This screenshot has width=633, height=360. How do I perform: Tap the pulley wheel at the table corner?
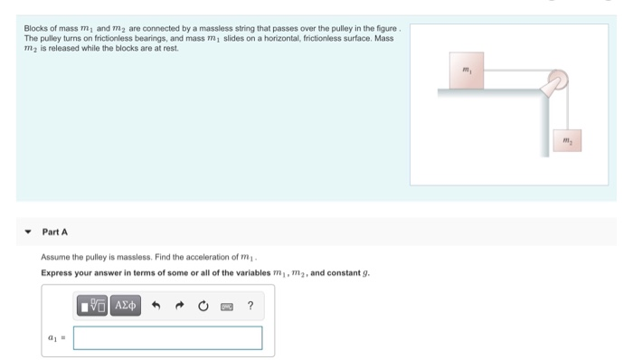pyautogui.click(x=553, y=84)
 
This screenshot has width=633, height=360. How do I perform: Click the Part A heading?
pyautogui.click(x=54, y=232)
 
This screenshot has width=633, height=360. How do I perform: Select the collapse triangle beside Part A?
pyautogui.click(x=28, y=232)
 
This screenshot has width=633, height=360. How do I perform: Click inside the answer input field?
pyautogui.click(x=168, y=337)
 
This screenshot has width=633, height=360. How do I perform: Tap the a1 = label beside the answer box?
pyautogui.click(x=55, y=338)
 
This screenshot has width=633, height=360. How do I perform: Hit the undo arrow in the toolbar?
pyautogui.click(x=156, y=306)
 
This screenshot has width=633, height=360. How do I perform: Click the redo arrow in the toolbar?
pyautogui.click(x=179, y=306)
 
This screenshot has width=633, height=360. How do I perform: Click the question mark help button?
pyautogui.click(x=250, y=306)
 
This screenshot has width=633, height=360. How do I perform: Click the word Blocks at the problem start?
pyautogui.click(x=35, y=29)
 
